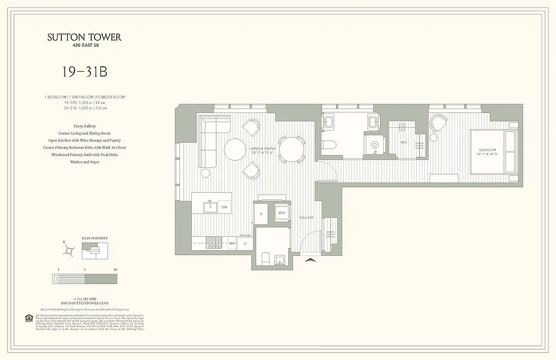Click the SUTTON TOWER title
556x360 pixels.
84,37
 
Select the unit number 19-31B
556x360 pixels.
84,72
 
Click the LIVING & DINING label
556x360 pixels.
262,149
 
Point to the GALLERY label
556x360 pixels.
307,218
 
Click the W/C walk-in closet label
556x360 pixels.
403,142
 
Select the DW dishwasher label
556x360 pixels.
224,207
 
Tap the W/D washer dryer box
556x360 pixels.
282,213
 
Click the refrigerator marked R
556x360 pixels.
261,214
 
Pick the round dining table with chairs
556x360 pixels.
292,148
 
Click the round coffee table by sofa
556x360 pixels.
235,149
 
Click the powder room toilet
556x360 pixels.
266,259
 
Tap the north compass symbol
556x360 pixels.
69,250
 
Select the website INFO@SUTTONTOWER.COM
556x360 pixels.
84,303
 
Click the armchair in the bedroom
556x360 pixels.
438,123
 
